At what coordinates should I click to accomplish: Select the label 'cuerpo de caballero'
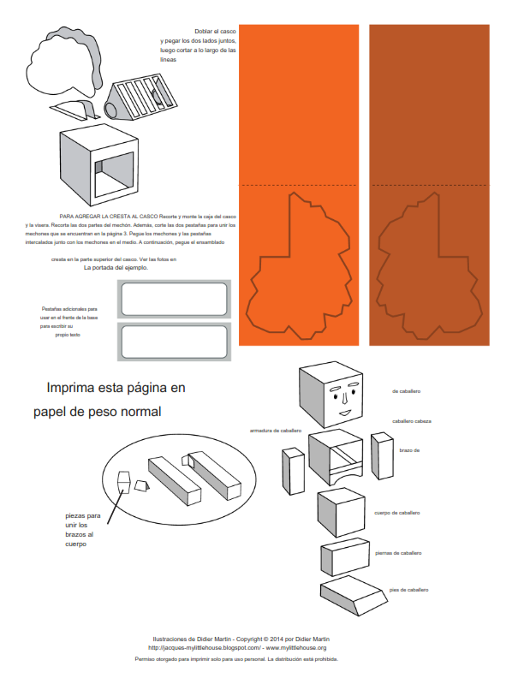(x=396, y=513)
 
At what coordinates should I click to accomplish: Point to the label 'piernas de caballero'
(x=398, y=553)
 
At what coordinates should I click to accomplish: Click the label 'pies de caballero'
(x=408, y=590)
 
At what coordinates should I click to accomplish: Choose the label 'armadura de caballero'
(x=275, y=430)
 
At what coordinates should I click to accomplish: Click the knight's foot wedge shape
(x=351, y=595)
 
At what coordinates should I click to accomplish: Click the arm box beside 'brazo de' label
(x=381, y=454)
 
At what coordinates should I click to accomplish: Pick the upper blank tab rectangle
(x=175, y=300)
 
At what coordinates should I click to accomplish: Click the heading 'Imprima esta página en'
(x=116, y=388)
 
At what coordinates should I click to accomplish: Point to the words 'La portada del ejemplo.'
(x=116, y=267)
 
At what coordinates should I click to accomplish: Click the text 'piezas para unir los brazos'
(x=82, y=530)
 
